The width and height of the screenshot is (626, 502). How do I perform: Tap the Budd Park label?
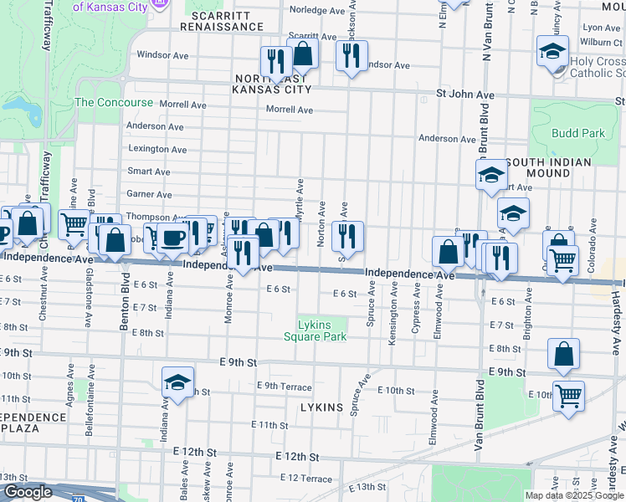[x=578, y=133]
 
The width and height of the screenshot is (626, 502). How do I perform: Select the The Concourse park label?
[x=114, y=102]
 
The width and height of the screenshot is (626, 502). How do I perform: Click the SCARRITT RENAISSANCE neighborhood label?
[x=226, y=21]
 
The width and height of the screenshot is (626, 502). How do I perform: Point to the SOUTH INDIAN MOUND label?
[x=549, y=167]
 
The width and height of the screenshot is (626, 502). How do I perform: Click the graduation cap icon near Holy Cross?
[x=553, y=53]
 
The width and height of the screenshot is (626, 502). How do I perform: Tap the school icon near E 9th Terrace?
[x=177, y=382]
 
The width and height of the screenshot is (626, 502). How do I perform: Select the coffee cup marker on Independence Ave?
[x=173, y=238]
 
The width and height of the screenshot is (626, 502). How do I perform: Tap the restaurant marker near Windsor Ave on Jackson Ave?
[x=350, y=55]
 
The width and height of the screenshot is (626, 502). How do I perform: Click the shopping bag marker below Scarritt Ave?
[x=302, y=54]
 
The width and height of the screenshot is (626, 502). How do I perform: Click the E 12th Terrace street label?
[x=306, y=477]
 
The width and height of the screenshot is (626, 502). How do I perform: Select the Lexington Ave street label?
[x=157, y=149]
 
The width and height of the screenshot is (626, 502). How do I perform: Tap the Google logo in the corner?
[x=28, y=492]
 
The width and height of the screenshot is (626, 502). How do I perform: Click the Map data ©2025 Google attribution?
[x=573, y=495]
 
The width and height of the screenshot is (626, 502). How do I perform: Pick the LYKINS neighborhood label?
[x=322, y=407]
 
